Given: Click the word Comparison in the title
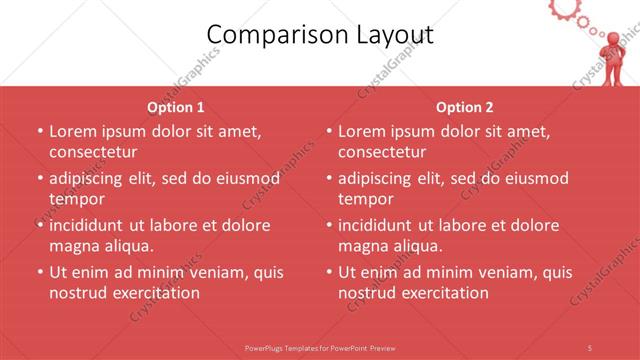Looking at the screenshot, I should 265,35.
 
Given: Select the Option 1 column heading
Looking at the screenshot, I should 176,107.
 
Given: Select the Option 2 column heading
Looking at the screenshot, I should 465,107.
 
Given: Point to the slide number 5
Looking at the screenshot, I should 590,347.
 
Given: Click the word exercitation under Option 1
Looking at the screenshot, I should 157,293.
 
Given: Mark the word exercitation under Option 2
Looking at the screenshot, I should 446,293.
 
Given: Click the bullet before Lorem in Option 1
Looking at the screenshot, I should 39,131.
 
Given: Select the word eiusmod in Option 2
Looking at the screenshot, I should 534,178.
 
